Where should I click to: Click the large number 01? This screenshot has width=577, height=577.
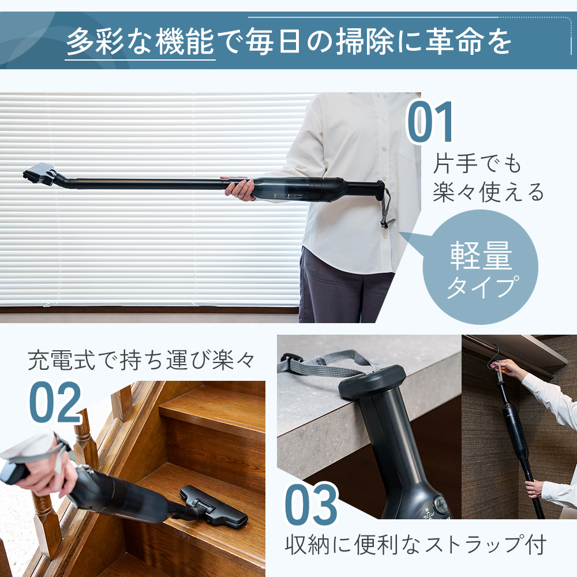click(432, 123)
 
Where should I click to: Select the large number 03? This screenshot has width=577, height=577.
click(311, 505)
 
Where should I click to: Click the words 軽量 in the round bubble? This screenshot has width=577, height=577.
click(481, 257)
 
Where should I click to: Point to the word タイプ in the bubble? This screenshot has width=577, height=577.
click(480, 287)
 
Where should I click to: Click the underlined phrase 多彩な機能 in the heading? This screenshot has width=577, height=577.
click(141, 42)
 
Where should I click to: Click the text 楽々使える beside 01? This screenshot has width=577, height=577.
click(488, 192)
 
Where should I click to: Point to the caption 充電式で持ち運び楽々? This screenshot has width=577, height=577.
click(141, 361)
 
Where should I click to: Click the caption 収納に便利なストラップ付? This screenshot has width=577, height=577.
click(415, 544)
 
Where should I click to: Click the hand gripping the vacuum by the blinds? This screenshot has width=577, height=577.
click(240, 189)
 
